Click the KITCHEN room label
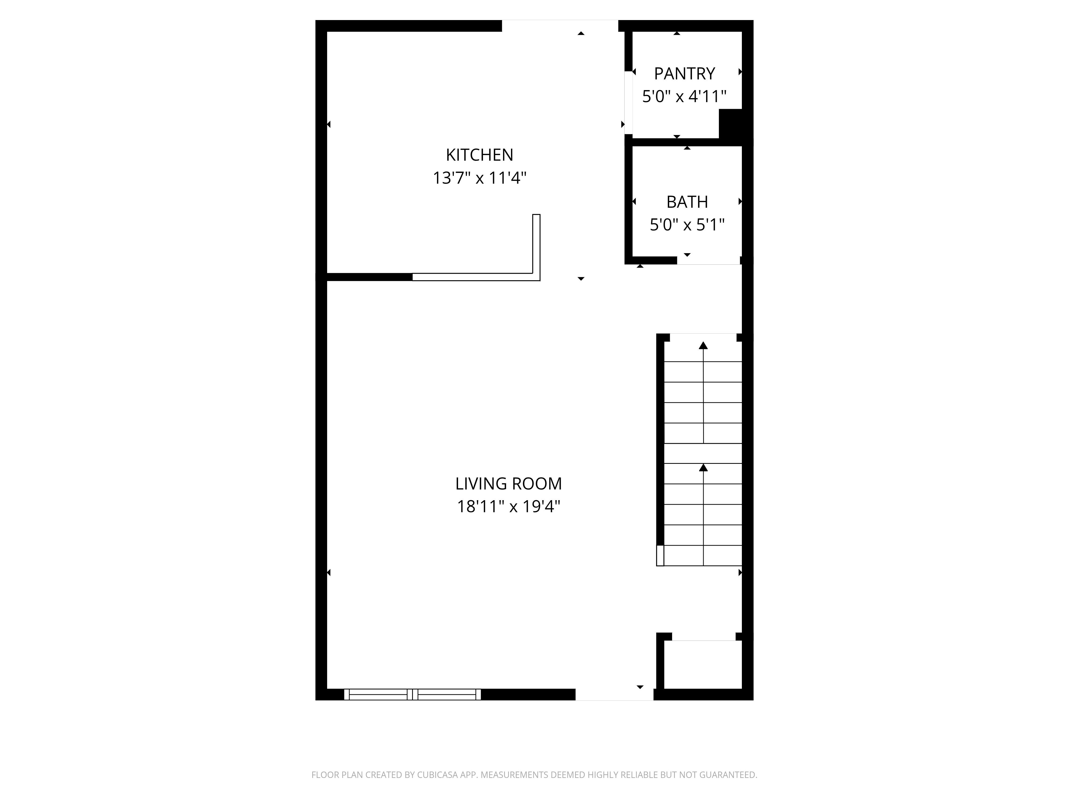pos(479,155)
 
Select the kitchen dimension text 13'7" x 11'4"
pos(479,178)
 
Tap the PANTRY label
pos(684,74)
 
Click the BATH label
pos(687,202)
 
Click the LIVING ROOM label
pos(508,483)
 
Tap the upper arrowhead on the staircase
pos(703,345)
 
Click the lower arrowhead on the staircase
pos(703,468)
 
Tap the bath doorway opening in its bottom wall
pos(708,261)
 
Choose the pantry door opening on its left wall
pos(628,102)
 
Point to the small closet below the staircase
pos(703,664)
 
